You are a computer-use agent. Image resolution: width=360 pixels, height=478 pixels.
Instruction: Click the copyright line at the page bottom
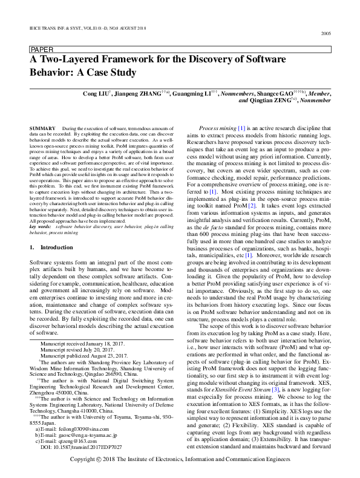click(180, 460)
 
